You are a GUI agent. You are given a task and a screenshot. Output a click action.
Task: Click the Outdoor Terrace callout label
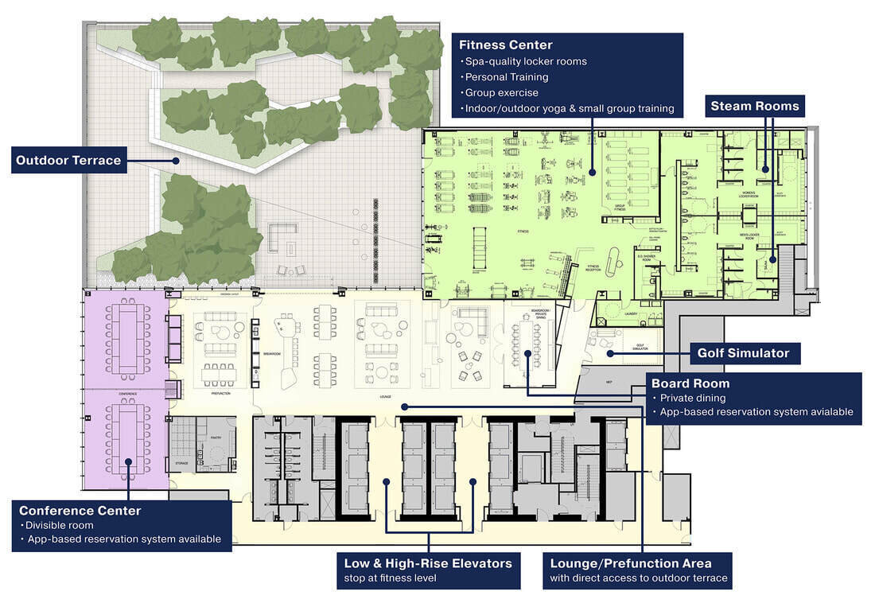tap(68, 161)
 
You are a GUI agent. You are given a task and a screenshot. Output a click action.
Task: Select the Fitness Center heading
tap(505, 45)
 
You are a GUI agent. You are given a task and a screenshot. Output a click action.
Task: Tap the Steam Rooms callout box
tap(754, 106)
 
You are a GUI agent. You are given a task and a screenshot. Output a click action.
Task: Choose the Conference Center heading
tap(80, 511)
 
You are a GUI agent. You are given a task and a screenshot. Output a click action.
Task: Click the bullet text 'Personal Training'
tap(507, 77)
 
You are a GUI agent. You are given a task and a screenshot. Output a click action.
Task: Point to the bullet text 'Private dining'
tap(688, 398)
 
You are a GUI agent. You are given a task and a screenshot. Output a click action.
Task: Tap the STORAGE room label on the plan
tap(181, 462)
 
